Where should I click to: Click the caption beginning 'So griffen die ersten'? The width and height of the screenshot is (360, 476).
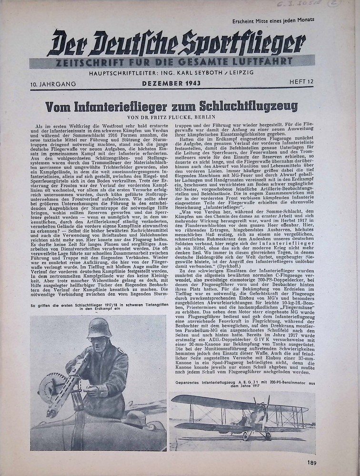[98, 307]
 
